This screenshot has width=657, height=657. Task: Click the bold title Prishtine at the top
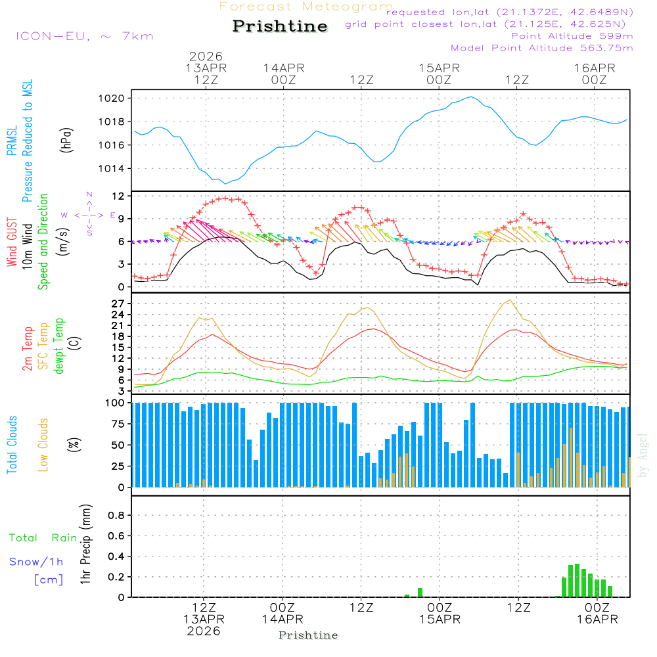[x=280, y=26]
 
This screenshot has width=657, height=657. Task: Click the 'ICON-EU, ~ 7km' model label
[x=84, y=36]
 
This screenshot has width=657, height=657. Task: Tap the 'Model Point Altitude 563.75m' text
[x=541, y=48]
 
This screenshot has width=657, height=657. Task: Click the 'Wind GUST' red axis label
[x=12, y=242]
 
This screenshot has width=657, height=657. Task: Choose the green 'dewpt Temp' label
[x=59, y=346]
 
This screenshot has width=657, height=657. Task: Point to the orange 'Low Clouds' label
[x=43, y=445]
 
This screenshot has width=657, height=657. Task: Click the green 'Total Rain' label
[x=43, y=538]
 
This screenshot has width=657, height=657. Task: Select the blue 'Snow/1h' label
[x=37, y=562]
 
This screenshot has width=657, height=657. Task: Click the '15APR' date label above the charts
[x=440, y=68]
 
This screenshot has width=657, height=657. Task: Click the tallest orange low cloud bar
[x=571, y=457]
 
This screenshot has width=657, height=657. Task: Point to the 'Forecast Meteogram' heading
[x=306, y=7]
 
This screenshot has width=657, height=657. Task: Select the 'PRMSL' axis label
[x=12, y=141]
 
